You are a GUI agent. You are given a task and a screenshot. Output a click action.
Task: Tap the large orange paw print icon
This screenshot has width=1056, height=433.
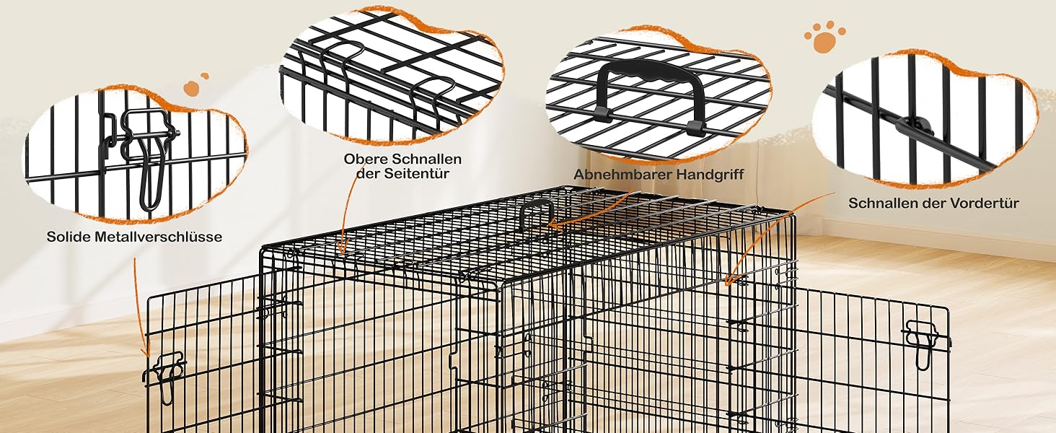coord(824,38)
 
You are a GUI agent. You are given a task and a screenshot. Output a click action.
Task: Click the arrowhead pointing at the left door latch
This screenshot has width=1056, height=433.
coord(147,349)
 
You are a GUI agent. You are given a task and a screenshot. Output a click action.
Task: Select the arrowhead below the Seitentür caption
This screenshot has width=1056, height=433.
coord(343,246)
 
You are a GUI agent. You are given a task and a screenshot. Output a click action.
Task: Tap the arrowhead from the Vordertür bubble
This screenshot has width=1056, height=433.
coord(729,280)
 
